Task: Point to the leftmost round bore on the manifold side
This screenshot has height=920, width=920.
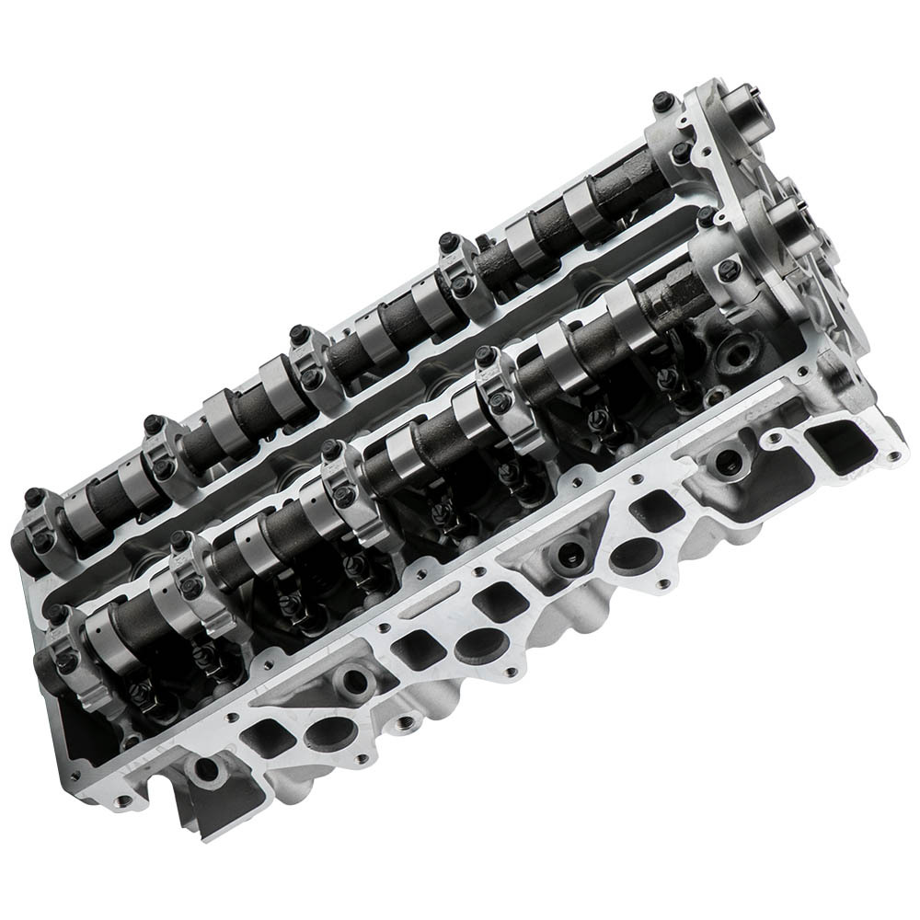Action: tap(203, 768)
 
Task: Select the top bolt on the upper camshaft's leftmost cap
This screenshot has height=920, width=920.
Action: tap(33, 497)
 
